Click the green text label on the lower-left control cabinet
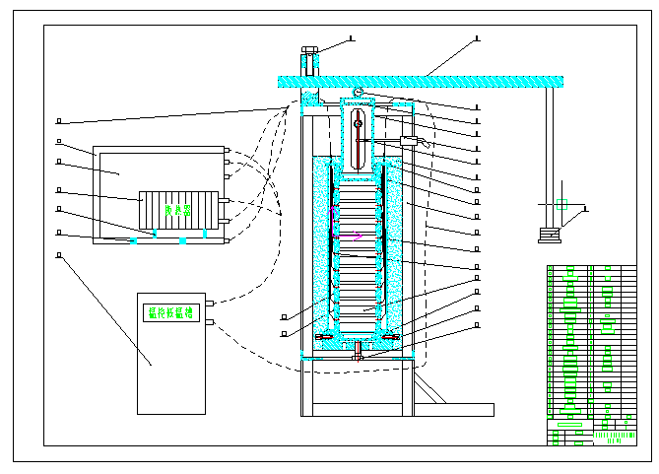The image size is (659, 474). [170, 312]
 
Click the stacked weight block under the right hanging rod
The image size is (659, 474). [548, 235]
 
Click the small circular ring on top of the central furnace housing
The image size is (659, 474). [359, 92]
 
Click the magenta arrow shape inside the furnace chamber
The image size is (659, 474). [358, 234]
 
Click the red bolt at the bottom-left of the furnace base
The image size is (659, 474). [322, 339]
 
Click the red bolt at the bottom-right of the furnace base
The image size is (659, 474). [390, 339]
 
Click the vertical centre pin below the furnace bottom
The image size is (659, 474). [359, 353]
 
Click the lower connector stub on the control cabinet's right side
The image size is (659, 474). [210, 322]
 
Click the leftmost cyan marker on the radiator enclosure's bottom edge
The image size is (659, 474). [133, 239]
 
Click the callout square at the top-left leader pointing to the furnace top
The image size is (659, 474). [59, 121]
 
